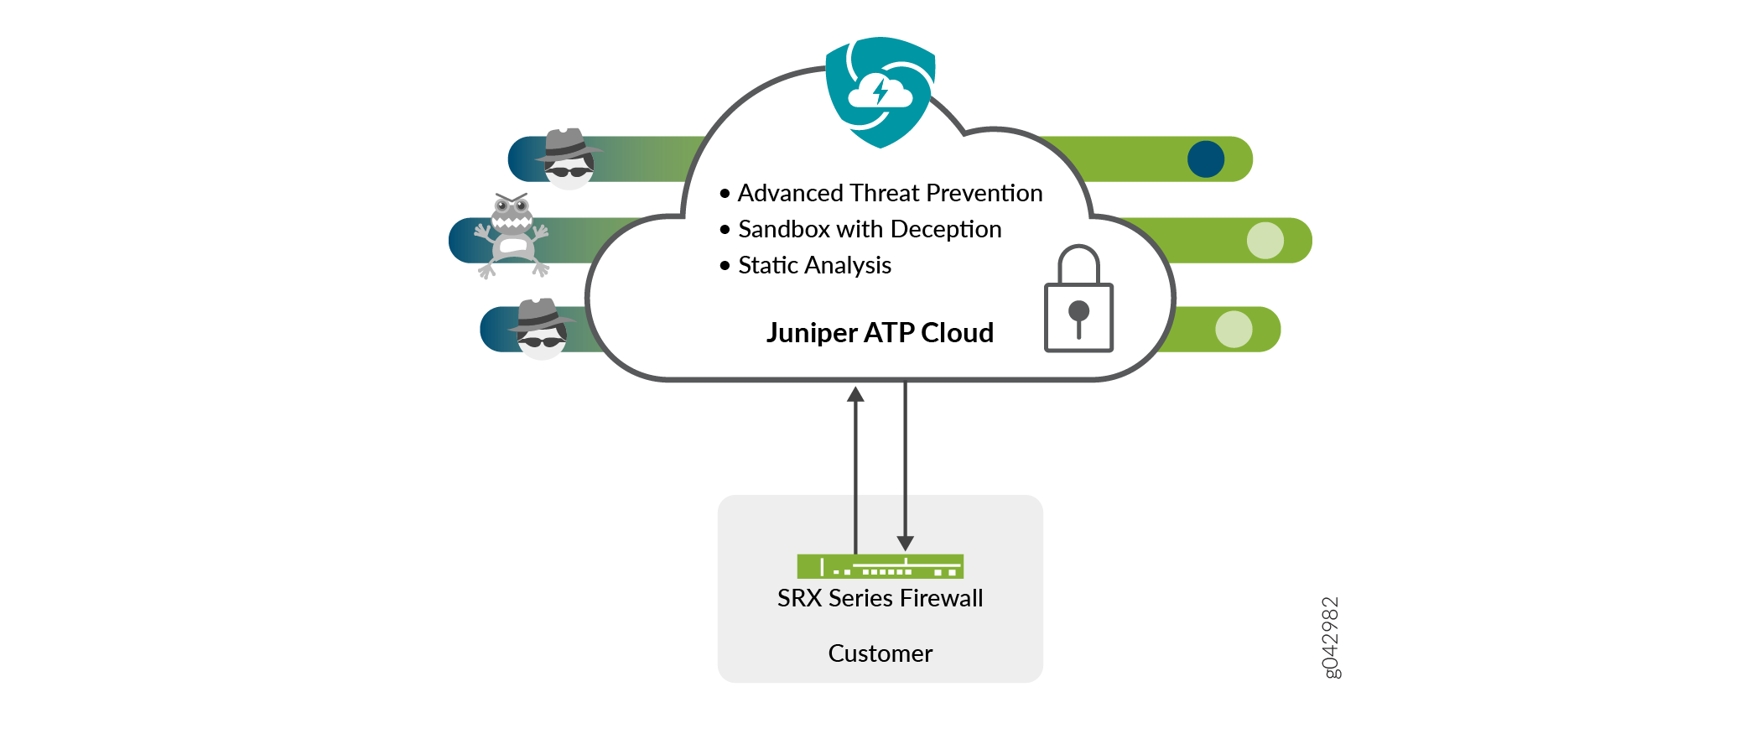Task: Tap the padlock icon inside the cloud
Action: [1078, 302]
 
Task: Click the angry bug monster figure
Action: [512, 235]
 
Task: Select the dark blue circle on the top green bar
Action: [1206, 159]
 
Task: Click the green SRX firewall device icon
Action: [880, 567]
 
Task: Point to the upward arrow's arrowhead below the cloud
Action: [855, 394]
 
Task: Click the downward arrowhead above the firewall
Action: [905, 543]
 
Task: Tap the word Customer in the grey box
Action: [880, 653]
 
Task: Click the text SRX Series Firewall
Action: [880, 598]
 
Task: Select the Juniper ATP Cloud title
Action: [880, 333]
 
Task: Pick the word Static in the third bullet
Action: [767, 265]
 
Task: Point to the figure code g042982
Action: [1331, 637]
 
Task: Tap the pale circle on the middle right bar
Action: [1265, 241]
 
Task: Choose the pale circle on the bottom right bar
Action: [1234, 330]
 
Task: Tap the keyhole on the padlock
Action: [1078, 315]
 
